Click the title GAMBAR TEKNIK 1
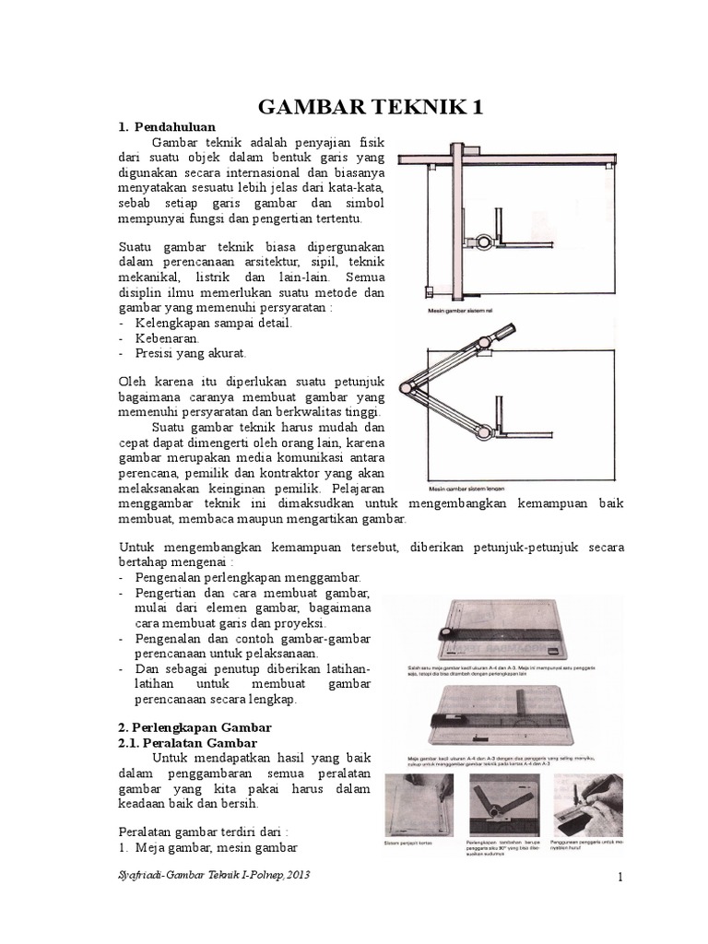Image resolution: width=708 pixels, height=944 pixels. pos(371,109)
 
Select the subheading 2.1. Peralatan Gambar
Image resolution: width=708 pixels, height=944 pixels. pos(189,742)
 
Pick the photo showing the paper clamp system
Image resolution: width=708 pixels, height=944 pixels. pos(419,801)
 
